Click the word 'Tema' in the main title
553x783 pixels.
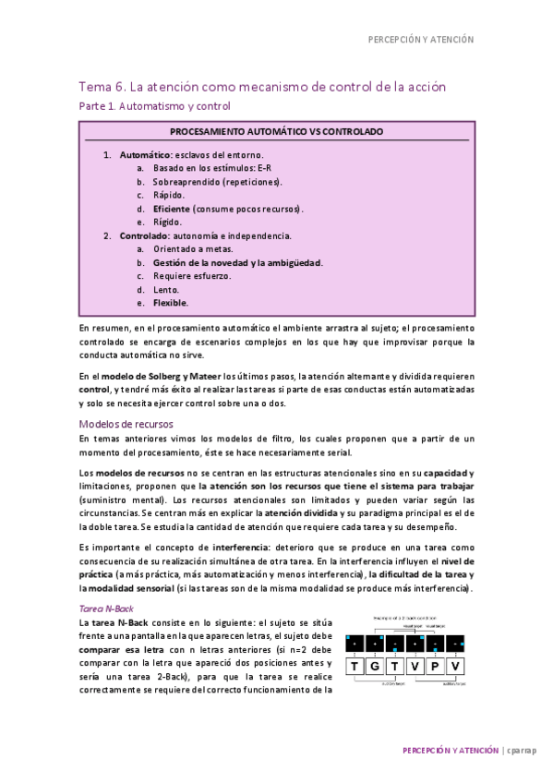[94, 87]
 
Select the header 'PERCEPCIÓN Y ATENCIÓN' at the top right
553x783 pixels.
[420, 40]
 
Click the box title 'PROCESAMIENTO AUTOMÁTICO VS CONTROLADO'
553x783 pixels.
[277, 132]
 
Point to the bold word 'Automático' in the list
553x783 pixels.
[146, 155]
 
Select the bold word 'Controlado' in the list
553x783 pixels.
[146, 235]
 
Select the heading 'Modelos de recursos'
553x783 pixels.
[124, 424]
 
